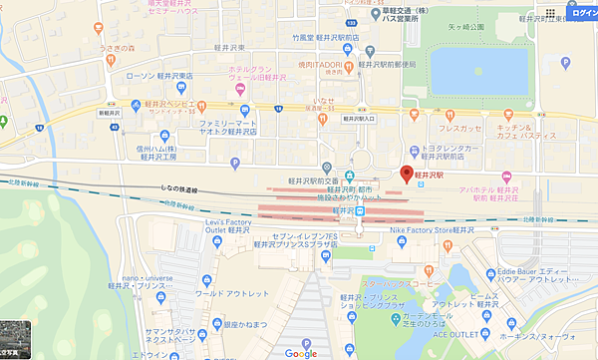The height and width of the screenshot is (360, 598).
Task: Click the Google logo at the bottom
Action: pyautogui.click(x=300, y=353)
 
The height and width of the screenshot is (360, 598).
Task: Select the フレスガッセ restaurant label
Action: pyautogui.click(x=465, y=128)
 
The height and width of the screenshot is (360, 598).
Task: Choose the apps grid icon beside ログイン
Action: pyautogui.click(x=549, y=14)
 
